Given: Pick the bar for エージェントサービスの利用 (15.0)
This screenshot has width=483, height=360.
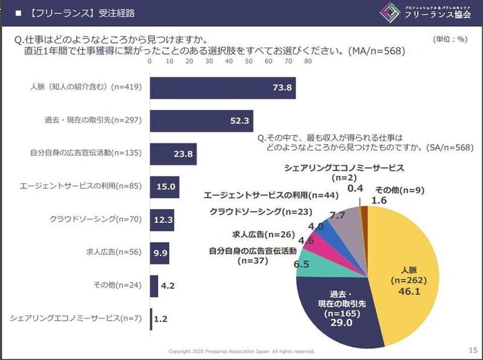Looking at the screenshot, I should click(x=164, y=186).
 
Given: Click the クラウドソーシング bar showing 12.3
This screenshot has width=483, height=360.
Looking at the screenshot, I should click(x=161, y=219).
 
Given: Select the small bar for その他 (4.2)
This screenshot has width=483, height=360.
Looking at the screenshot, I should click(x=154, y=285).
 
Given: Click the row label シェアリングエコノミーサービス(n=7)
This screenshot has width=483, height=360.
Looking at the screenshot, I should click(x=75, y=318).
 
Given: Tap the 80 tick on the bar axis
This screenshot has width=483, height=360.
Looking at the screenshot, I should click(x=308, y=61).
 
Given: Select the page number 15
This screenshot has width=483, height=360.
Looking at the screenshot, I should click(x=472, y=349).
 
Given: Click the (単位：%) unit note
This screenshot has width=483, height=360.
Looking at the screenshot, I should click(x=450, y=40).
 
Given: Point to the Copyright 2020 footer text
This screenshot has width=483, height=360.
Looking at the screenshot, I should click(x=241, y=351).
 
